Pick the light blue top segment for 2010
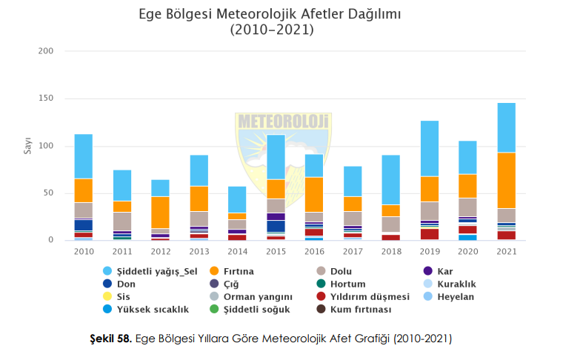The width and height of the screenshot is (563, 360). (83, 156)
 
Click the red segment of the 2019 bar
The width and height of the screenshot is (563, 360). (429, 234)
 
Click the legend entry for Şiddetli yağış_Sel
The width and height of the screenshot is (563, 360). (151, 270)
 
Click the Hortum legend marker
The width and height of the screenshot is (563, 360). (322, 284)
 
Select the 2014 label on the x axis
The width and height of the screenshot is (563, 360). (237, 252)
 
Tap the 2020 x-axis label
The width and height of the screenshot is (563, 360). (467, 252)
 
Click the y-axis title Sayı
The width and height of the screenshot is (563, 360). (27, 145)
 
